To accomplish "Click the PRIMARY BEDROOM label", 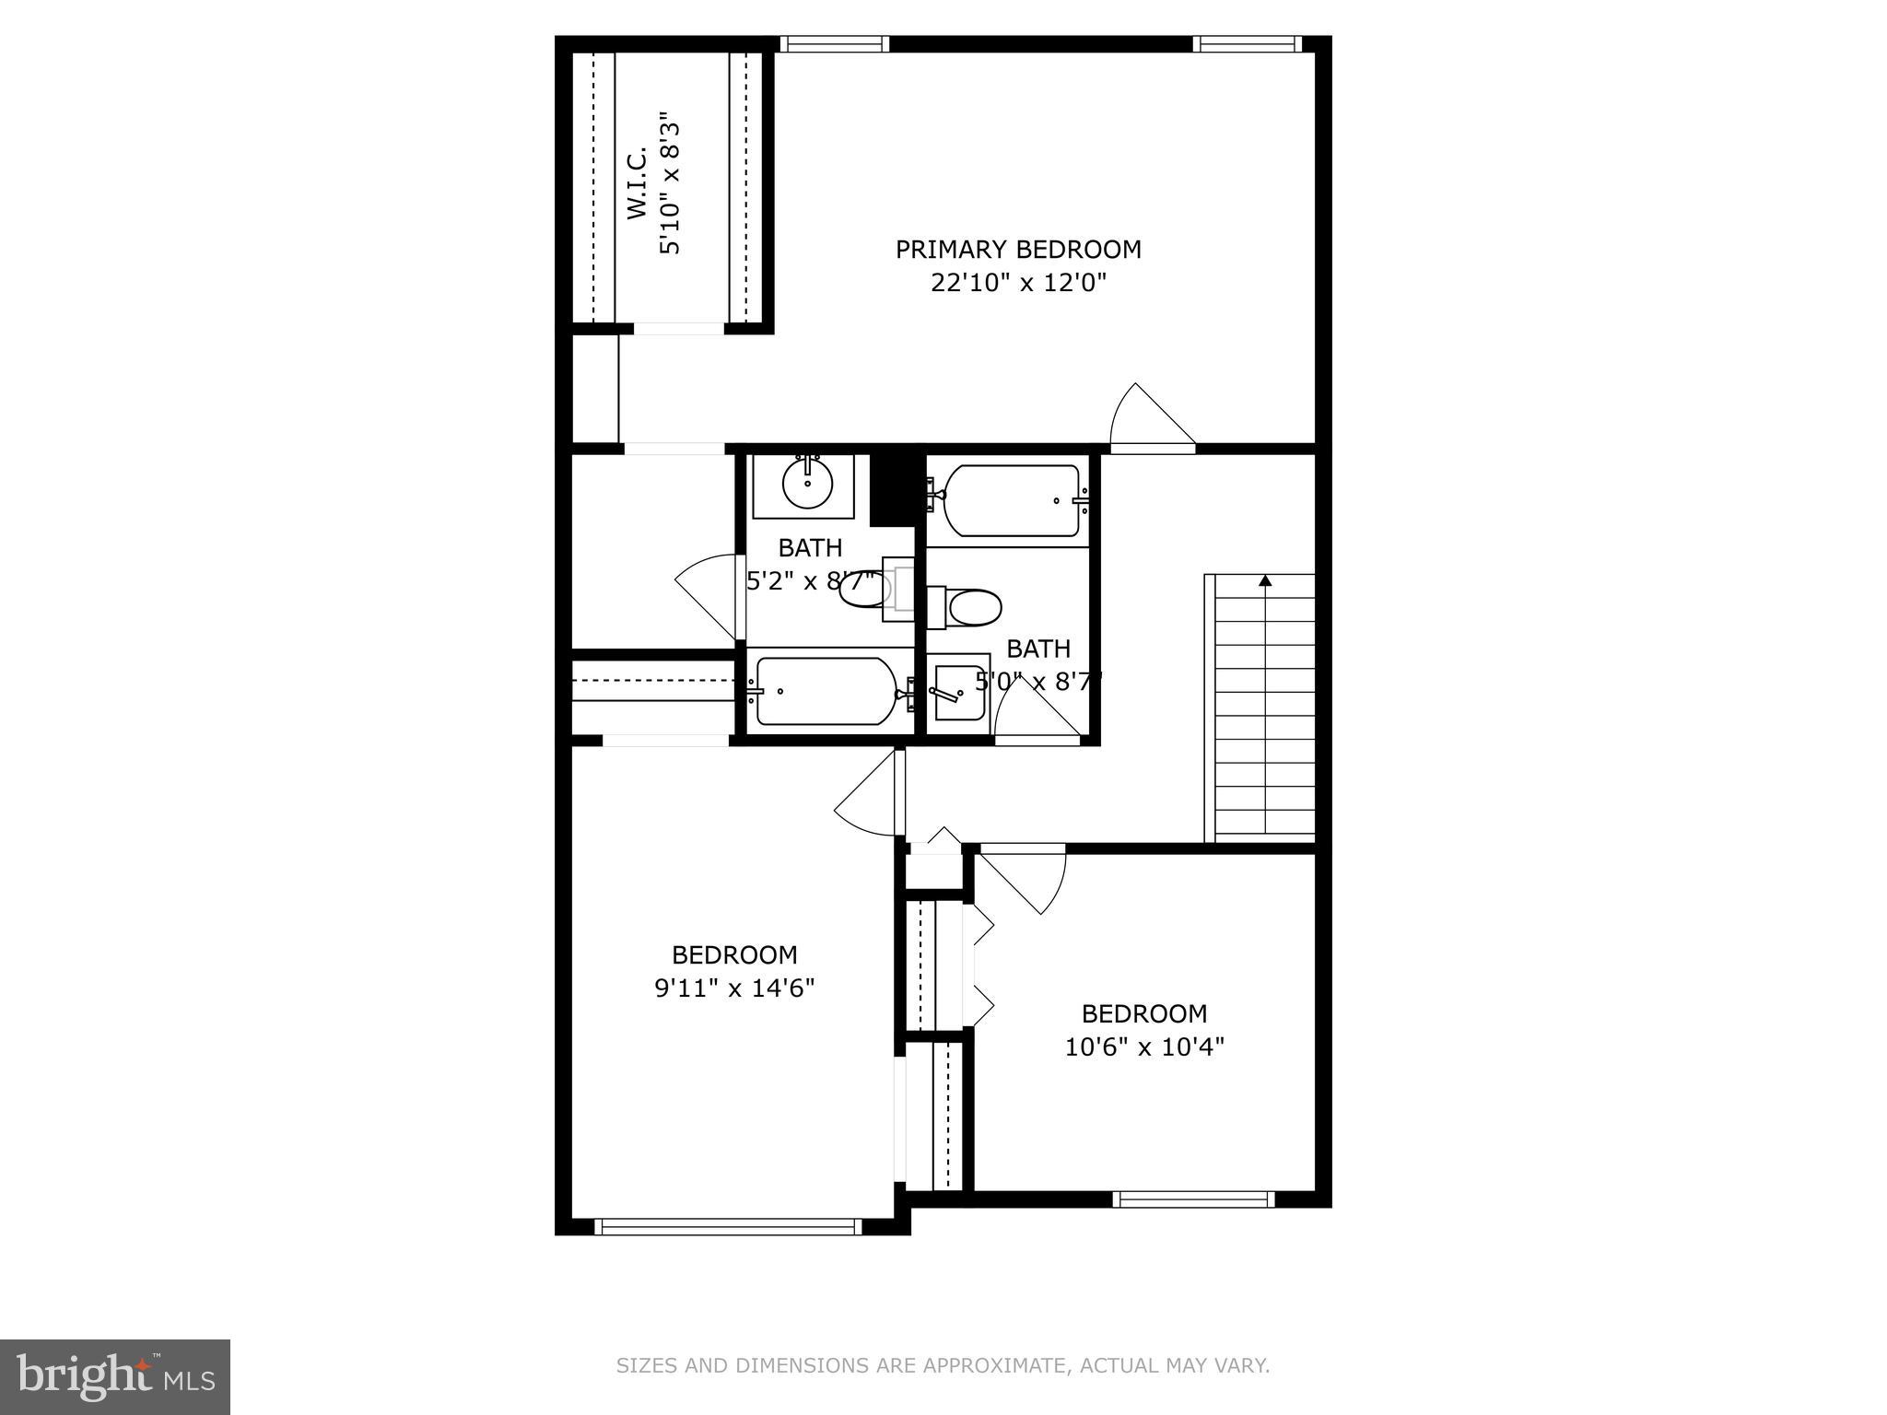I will pyautogui.click(x=1018, y=250).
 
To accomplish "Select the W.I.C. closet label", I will pyautogui.click(x=638, y=185).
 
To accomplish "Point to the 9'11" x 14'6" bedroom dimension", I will pyautogui.click(x=734, y=988).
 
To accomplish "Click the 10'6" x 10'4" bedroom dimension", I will pyautogui.click(x=1144, y=1047).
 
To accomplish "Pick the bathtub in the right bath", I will pyautogui.click(x=1011, y=501).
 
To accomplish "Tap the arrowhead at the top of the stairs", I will pyautogui.click(x=1265, y=581).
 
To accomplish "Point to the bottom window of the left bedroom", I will pyautogui.click(x=728, y=1226).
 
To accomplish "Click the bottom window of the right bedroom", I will pyautogui.click(x=1193, y=1199).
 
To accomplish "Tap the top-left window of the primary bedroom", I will pyautogui.click(x=834, y=43).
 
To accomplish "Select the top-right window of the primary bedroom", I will pyautogui.click(x=1246, y=43).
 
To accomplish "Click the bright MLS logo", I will pyautogui.click(x=115, y=1376).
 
